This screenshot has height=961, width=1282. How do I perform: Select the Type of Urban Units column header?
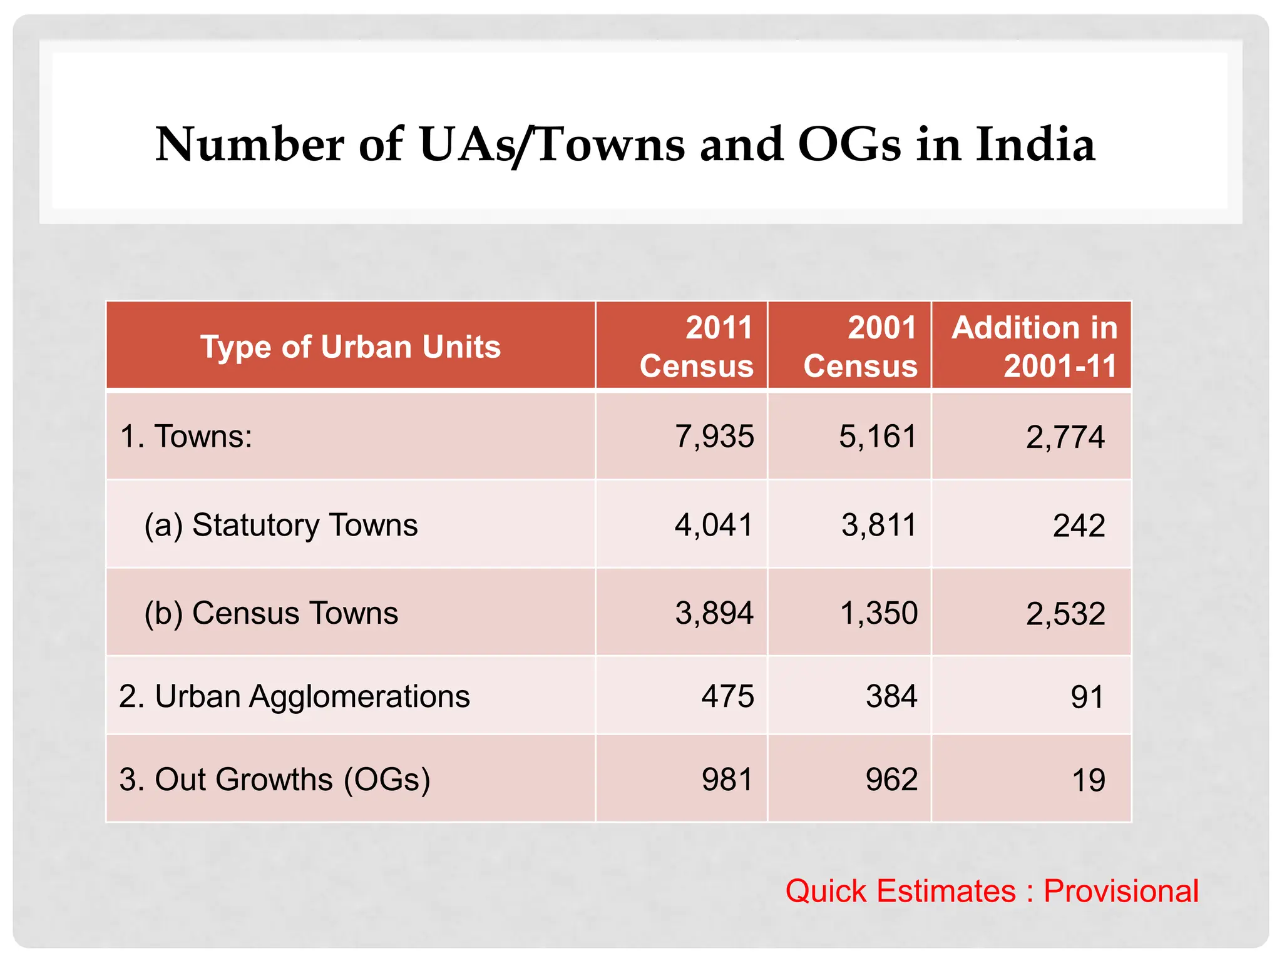[x=351, y=347]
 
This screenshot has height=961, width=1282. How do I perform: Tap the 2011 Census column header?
[x=696, y=347]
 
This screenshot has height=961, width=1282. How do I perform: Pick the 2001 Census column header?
[x=860, y=347]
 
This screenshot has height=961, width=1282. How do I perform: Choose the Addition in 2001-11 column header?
[x=1034, y=347]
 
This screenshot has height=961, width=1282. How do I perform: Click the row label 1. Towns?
[x=186, y=436]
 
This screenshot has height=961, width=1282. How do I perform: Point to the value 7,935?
[x=714, y=436]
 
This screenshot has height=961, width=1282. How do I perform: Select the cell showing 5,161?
[x=878, y=436]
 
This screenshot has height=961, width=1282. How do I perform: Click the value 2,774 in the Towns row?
[x=1065, y=437]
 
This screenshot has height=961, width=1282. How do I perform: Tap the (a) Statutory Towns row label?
[x=281, y=524]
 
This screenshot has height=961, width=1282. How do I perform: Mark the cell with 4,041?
[x=714, y=524]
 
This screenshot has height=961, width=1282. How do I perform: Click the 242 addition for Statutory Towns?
[x=1079, y=525]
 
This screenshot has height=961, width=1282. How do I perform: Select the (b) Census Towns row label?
[x=271, y=613]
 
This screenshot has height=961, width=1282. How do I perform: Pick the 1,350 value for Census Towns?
[x=878, y=613]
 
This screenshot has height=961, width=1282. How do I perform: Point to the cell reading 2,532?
[x=1065, y=613]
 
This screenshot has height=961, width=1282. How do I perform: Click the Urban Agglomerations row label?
[x=294, y=696]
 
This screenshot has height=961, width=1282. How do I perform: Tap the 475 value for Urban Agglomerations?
[x=727, y=696]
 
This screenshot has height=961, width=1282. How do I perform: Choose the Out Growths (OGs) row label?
[x=275, y=779]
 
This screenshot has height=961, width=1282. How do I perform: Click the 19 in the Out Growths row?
[x=1088, y=780]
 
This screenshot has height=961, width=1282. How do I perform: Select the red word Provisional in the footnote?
[x=1120, y=891]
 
